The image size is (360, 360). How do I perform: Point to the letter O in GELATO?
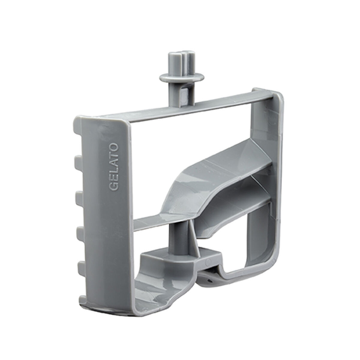click(x=114, y=148)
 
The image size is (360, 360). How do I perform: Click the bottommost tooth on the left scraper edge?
click(x=82, y=298)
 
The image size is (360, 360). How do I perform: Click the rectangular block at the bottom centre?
click(x=180, y=259)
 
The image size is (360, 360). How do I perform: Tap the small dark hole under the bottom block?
click(x=209, y=279)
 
